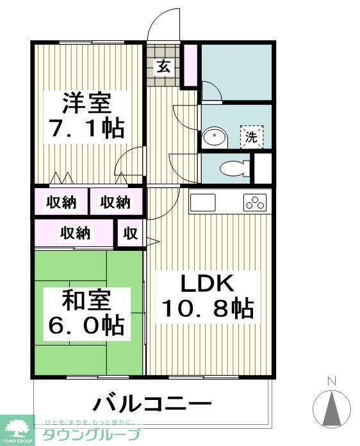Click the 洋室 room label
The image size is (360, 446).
[86, 102]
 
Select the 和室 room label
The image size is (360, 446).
[86, 299]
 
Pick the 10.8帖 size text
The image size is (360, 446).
[207, 309]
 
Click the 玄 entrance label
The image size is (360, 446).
[164, 66]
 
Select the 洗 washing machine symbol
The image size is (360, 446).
[251, 136]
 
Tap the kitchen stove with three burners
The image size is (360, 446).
[256, 203]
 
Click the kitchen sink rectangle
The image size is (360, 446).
[205, 203]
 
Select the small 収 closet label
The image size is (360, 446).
[131, 234]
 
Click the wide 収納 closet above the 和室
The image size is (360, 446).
[75, 234]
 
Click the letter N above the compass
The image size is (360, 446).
[332, 381]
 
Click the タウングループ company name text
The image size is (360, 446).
[90, 436]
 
